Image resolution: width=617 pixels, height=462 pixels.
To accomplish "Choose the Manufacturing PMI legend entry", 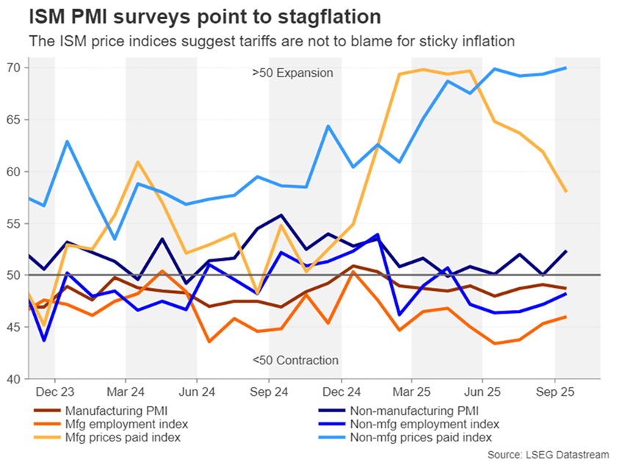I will point(117,411).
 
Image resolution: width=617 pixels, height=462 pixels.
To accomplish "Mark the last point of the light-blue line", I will point(565,68).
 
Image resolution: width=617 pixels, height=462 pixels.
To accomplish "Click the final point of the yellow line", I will point(565,191).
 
